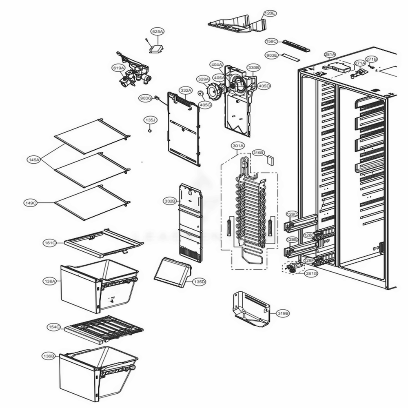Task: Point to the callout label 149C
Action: tap(31, 202)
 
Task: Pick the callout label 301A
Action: tap(238, 146)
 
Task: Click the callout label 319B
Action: tap(283, 313)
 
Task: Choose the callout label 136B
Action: tap(48, 356)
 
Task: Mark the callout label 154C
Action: tap(54, 327)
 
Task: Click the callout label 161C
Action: tap(50, 243)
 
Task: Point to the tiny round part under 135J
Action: tap(150, 131)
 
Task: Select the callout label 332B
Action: tap(170, 201)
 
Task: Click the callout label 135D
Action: tap(199, 282)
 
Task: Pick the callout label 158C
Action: tap(271, 41)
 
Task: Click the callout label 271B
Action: tap(371, 59)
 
